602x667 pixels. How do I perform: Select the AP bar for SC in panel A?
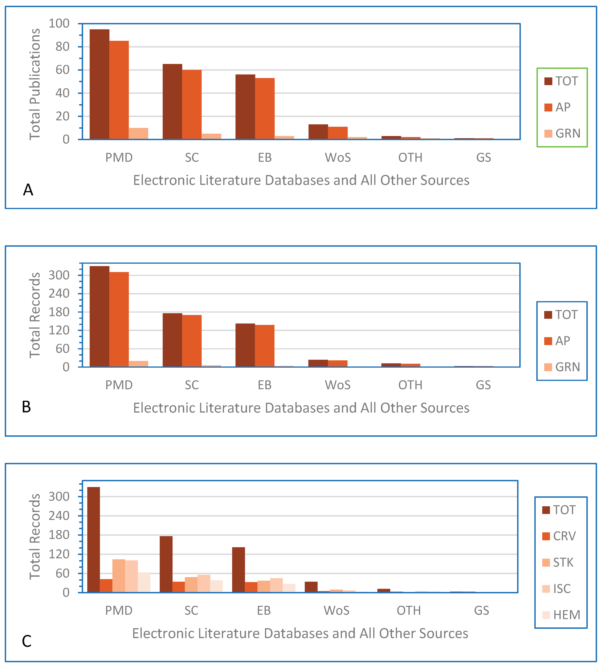point(192,105)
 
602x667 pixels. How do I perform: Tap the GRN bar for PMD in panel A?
point(138,134)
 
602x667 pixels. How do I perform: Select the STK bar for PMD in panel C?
point(119,576)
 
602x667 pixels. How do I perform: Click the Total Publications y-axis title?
point(35,84)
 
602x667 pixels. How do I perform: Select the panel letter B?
point(27,407)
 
